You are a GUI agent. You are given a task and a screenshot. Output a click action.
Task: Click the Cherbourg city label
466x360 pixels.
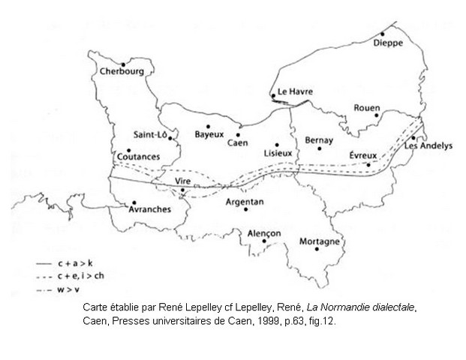click(122, 73)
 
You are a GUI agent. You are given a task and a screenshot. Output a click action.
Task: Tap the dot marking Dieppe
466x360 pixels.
click(382, 34)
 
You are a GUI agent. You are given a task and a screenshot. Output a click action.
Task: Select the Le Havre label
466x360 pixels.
click(293, 92)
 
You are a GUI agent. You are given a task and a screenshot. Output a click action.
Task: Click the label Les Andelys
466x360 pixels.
click(428, 146)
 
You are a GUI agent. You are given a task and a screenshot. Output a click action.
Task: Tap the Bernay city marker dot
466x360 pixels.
click(320, 148)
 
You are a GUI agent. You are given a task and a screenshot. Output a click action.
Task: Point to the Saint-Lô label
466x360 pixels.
click(150, 135)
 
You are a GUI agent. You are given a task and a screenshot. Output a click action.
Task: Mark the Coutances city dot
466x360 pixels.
click(129, 150)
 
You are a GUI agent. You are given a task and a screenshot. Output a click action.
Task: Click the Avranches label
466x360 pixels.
click(150, 210)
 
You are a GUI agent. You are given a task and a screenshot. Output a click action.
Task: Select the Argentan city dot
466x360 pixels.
click(245, 209)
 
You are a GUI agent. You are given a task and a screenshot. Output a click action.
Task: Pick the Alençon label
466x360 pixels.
click(263, 234)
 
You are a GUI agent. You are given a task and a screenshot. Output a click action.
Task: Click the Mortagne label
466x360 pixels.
click(320, 241)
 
